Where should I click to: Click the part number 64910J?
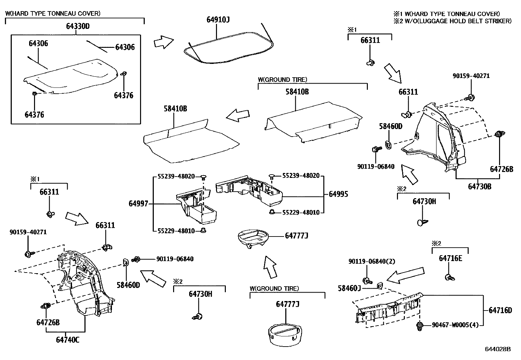coord(218,19)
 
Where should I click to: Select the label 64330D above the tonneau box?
coord(78,26)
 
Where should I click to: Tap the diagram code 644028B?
coord(497,349)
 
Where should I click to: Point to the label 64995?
coord(338,194)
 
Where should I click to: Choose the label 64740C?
coord(67,340)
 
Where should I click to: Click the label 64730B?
coord(479,186)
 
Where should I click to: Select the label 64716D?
coord(500,310)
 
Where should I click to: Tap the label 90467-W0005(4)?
coord(455,325)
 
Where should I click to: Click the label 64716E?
coord(450,258)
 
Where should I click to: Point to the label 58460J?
coord(349,288)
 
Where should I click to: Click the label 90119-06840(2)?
coord(372,261)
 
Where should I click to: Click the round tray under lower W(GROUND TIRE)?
coord(285,334)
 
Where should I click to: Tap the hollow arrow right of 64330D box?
coord(163,43)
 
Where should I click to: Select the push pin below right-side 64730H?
coord(422,222)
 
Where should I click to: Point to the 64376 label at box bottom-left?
coord(34,115)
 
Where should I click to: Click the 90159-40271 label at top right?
coord(471,76)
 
